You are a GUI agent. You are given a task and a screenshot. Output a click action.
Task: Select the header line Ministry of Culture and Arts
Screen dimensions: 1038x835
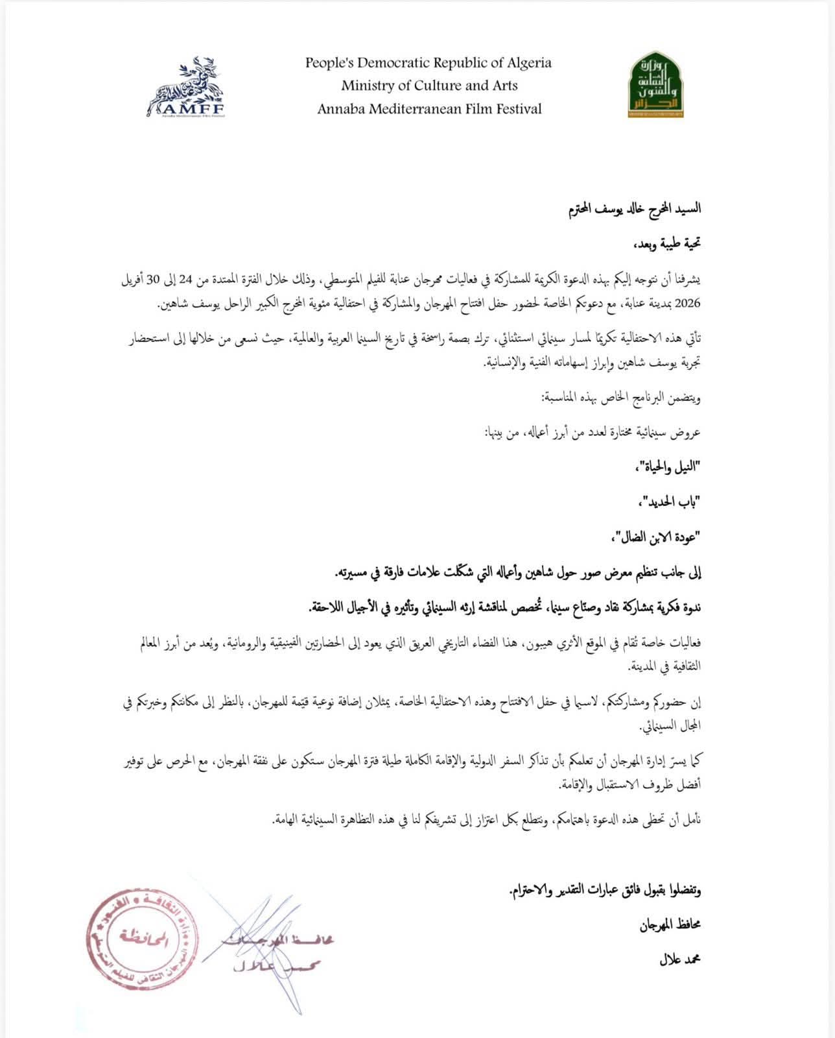click(429, 86)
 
